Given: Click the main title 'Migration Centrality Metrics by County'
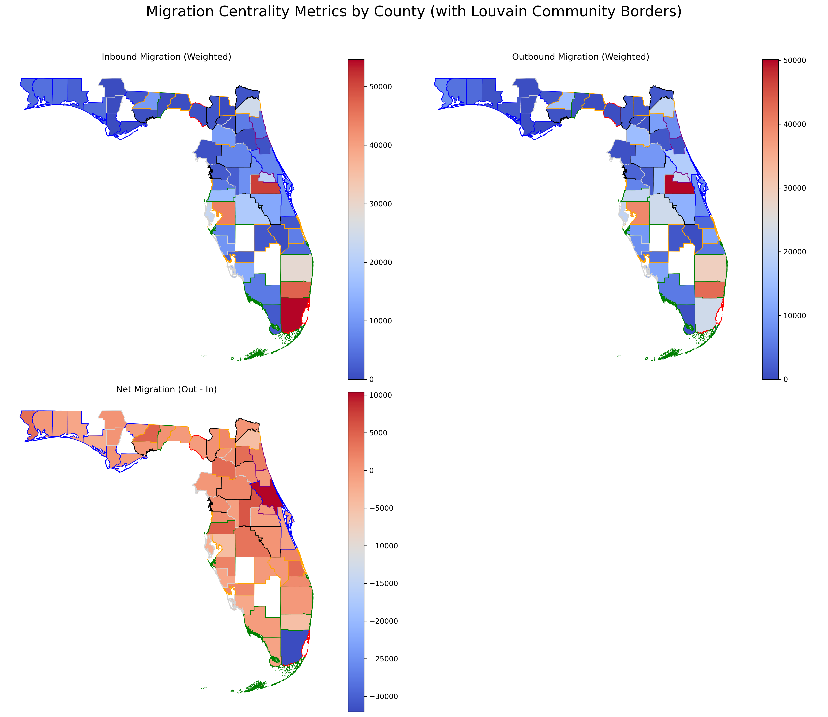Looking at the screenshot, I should (413, 12).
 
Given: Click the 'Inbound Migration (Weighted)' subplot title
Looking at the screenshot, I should (166, 57).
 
